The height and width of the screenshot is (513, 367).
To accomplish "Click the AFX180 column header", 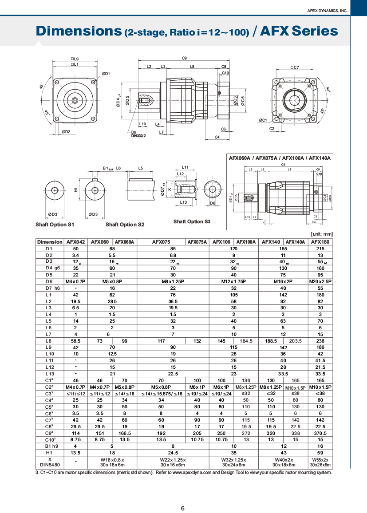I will point(320,242).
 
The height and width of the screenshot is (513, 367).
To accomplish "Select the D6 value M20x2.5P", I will point(320,281).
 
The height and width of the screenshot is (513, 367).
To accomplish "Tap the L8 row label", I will point(49,341).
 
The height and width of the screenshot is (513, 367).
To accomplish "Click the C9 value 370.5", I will point(320,433).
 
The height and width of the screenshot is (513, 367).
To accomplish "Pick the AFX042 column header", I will point(75,242).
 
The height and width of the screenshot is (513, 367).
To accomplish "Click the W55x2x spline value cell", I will point(320,462).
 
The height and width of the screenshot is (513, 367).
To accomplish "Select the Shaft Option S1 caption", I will point(55,225).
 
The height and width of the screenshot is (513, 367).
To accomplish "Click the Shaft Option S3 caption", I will point(192,221).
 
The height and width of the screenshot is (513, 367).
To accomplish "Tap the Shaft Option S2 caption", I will point(125,225).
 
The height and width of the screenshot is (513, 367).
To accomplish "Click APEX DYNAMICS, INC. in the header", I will point(328,11).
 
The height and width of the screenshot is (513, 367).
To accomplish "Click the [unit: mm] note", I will point(322,234).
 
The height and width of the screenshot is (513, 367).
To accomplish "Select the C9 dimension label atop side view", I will point(184,58).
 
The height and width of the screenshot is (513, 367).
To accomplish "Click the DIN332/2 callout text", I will point(138,136).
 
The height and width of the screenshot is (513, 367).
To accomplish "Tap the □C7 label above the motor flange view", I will point(295,67).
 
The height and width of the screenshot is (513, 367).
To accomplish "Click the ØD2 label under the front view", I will point(66,131).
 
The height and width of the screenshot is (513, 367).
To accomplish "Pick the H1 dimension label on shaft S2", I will point(76,189).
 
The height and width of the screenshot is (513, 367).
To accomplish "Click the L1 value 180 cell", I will point(320,295).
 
